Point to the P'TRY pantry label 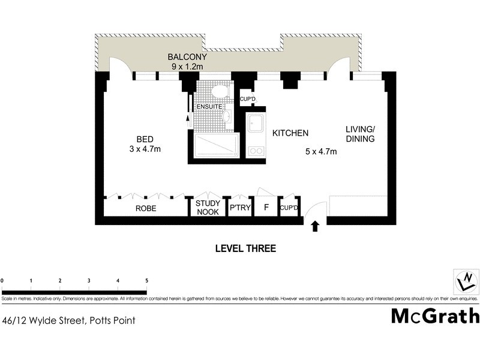pyautogui.click(x=239, y=208)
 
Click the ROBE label pyautogui.click(x=146, y=209)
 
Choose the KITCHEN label pyautogui.click(x=290, y=133)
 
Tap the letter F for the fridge pyautogui.click(x=265, y=208)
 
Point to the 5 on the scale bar pyautogui.click(x=146, y=280)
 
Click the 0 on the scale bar pyautogui.click(x=2, y=280)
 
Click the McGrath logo pyautogui.click(x=435, y=316)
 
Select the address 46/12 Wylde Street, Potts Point pyautogui.click(x=69, y=320)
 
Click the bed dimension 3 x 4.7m pyautogui.click(x=145, y=149)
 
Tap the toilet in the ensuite pyautogui.click(x=220, y=91)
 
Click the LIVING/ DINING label pyautogui.click(x=360, y=134)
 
